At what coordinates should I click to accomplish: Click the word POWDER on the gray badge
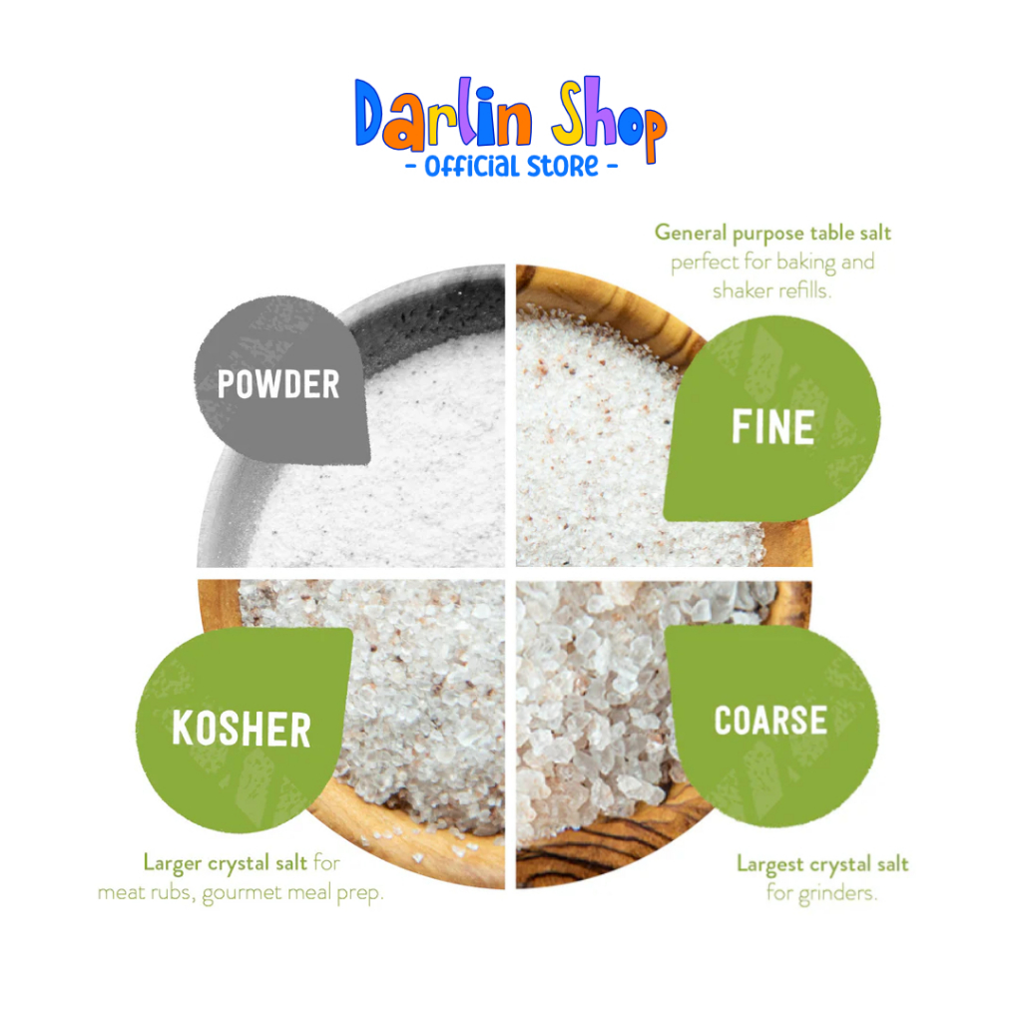(278, 384)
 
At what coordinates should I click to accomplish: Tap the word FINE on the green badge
(773, 427)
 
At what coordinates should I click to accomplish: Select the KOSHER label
(242, 729)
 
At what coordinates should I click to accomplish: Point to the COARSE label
(770, 721)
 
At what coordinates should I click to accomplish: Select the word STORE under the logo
(563, 167)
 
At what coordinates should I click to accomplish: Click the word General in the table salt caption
(691, 233)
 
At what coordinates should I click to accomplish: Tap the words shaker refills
(771, 290)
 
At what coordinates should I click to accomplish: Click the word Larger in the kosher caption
(172, 863)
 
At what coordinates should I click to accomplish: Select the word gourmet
(242, 893)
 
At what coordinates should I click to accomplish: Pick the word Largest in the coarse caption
(769, 865)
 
